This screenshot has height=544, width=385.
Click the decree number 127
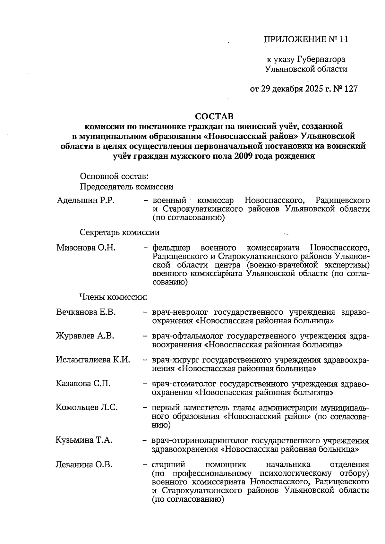[x=350, y=89]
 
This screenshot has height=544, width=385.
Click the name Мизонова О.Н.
[x=86, y=248]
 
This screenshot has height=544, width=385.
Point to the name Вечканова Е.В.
[x=86, y=312]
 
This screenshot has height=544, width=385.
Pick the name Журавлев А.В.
[x=85, y=336]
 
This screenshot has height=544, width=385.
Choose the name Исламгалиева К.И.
[x=93, y=360]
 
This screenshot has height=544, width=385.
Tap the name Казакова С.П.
[x=83, y=383]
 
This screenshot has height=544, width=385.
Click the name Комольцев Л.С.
[x=87, y=407]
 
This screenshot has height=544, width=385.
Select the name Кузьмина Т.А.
[x=84, y=440]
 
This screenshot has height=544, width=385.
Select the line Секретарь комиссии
[x=119, y=232]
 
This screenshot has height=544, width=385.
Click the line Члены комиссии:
[x=113, y=297]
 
